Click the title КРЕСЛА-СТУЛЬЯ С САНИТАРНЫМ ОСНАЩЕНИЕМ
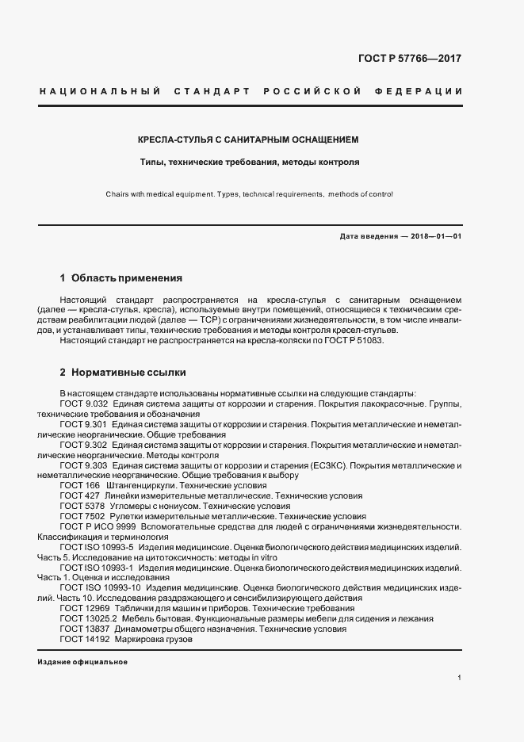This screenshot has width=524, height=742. [x=248, y=140]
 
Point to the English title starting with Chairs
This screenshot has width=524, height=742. [x=248, y=193]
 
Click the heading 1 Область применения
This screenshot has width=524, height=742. [x=121, y=278]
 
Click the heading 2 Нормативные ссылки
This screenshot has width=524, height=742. [x=123, y=371]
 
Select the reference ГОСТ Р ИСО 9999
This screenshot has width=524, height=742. [x=98, y=526]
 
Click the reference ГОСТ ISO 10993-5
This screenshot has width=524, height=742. [x=98, y=547]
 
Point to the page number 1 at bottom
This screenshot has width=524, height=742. [x=459, y=679]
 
